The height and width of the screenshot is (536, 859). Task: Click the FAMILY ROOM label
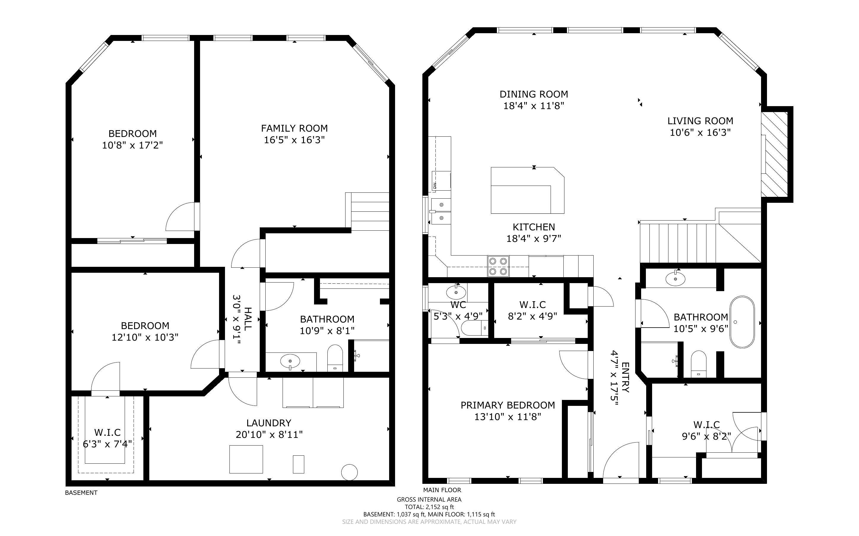(294, 128)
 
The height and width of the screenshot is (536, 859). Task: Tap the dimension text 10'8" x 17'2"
(132, 145)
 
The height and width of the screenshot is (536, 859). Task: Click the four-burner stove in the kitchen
(498, 266)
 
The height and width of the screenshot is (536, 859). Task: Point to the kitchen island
(527, 190)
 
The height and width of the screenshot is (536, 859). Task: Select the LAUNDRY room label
(269, 423)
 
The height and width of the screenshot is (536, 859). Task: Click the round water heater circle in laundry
(349, 472)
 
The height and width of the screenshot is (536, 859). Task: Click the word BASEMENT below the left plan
(81, 493)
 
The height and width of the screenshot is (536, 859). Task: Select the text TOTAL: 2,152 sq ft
(429, 507)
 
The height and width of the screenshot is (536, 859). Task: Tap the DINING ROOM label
(534, 94)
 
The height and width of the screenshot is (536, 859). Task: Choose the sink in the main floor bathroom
(676, 279)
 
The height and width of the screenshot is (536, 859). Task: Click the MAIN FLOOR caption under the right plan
(442, 490)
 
